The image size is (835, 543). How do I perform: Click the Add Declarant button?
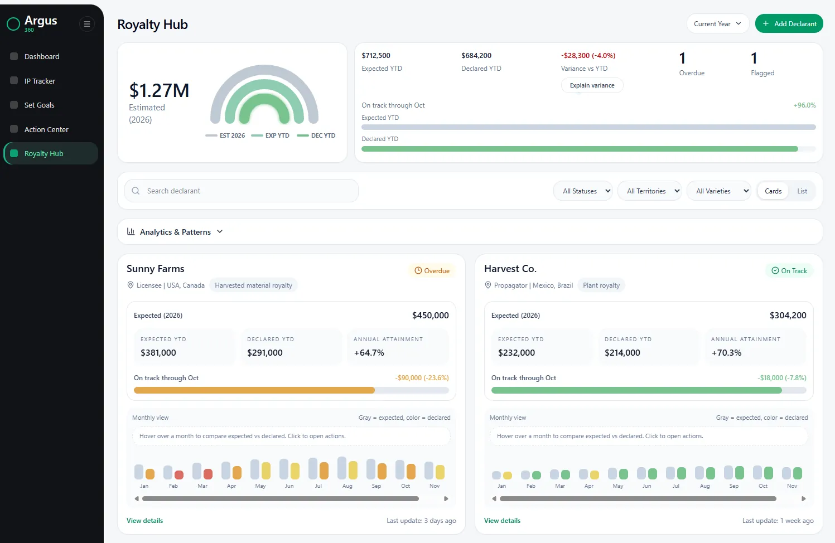coord(789,23)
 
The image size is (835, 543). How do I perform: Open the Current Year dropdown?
coord(717,23)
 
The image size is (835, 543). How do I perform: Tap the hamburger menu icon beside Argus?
coord(87,24)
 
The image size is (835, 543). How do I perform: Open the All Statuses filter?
coord(583,191)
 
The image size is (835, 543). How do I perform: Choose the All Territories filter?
coord(650,191)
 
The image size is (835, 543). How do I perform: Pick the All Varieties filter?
coord(718,191)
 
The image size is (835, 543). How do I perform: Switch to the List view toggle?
coord(802,191)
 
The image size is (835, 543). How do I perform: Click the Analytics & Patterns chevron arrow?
coord(220,231)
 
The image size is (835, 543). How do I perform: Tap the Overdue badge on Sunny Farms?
coord(432,270)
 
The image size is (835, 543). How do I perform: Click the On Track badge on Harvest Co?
coord(789,270)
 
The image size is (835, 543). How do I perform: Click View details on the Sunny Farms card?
coord(144,520)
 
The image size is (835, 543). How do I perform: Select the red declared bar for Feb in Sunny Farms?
coord(179,474)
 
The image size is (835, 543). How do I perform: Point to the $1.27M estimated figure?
coord(159,90)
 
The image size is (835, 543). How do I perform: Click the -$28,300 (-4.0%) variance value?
coord(588,56)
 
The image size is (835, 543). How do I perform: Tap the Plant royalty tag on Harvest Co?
coord(601,285)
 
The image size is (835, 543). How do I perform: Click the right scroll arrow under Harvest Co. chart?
coord(804,498)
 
